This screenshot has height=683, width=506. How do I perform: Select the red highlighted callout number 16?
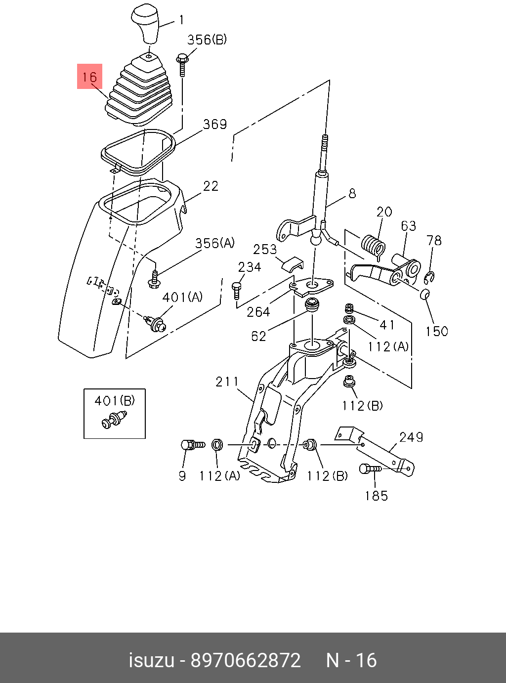coord(89,77)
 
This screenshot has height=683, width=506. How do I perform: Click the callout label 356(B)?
coord(207,40)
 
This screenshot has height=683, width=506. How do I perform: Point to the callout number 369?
coord(215,124)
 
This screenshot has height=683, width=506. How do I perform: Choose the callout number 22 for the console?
coord(211,186)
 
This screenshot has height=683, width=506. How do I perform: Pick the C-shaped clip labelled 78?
coord(429,278)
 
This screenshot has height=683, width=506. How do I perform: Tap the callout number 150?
coord(437,331)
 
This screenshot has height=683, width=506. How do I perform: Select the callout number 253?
coord(265,249)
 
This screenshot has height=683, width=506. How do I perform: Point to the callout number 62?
coord(258,336)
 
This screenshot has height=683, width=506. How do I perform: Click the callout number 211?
coord(227,382)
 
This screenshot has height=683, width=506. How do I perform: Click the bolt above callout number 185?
coord(370,469)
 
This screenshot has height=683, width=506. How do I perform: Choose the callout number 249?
coord(411,437)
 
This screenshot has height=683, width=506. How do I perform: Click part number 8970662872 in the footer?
coord(246,660)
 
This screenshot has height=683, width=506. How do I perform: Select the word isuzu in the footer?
coord(151,660)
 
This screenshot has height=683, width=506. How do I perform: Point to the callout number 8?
coord(352,193)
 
